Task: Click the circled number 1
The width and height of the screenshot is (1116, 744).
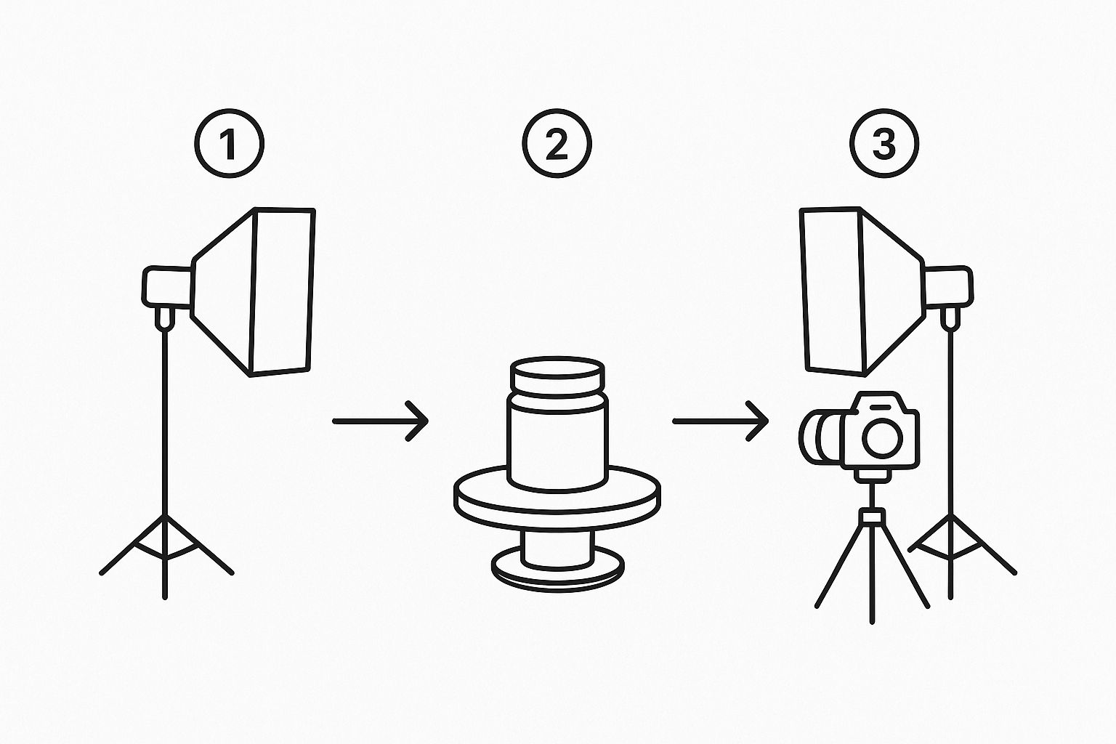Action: [x=229, y=143]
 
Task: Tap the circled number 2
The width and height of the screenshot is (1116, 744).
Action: [x=557, y=143]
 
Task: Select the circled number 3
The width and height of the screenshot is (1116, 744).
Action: [x=884, y=143]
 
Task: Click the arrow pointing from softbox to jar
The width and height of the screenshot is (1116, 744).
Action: [x=380, y=421]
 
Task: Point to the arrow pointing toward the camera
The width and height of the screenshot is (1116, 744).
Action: [x=721, y=421]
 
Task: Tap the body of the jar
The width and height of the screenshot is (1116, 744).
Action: [x=557, y=441]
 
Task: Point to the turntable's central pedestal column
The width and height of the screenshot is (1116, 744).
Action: [x=557, y=548]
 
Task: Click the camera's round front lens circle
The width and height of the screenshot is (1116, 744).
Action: [x=882, y=438]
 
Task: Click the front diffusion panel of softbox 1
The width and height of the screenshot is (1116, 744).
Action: [x=282, y=291]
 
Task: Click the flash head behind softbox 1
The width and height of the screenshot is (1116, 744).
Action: [x=167, y=286]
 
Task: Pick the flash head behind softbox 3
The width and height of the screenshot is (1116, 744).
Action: [x=949, y=286]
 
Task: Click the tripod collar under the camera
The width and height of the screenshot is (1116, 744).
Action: [x=872, y=516]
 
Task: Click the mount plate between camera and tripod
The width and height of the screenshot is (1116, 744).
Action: [x=872, y=476]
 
